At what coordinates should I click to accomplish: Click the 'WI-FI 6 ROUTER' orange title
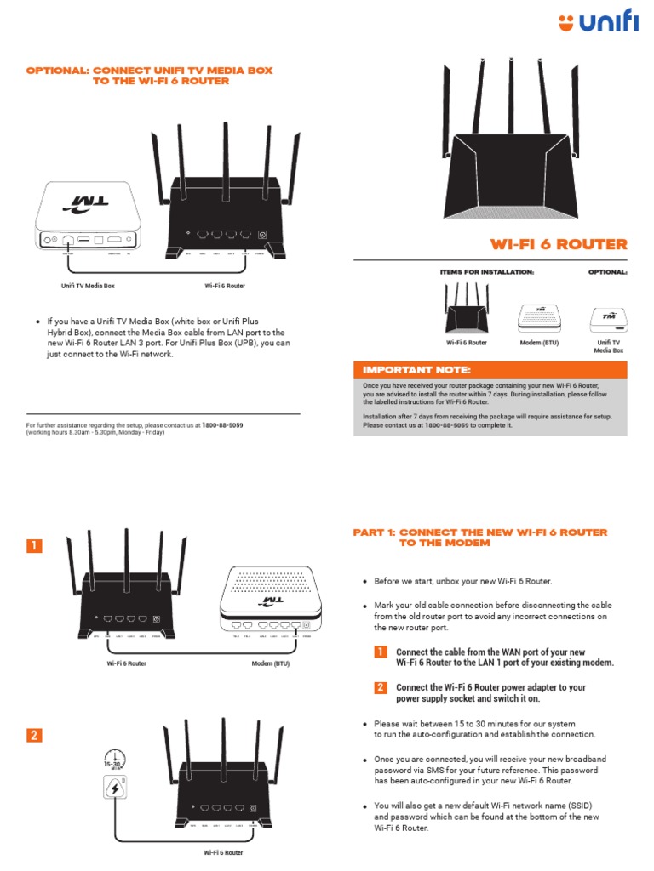(559, 244)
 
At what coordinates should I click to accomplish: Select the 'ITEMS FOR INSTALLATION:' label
(486, 272)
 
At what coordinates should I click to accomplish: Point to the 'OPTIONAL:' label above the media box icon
(607, 272)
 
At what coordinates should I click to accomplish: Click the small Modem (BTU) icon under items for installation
(537, 317)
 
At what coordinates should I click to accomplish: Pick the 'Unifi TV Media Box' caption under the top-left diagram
(88, 286)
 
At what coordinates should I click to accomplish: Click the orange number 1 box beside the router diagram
(32, 546)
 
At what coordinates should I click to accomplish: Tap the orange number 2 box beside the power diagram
(32, 736)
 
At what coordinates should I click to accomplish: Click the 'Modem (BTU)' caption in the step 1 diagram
(271, 663)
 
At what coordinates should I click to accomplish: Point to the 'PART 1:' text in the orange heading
(374, 532)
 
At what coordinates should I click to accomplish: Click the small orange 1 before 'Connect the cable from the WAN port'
(381, 652)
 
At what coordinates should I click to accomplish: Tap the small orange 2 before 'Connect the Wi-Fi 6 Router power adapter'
(381, 686)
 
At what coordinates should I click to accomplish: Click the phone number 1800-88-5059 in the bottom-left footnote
(222, 424)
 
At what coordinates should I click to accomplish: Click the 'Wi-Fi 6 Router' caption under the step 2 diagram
(222, 851)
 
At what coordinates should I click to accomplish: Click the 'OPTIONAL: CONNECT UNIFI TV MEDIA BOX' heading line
(149, 71)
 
